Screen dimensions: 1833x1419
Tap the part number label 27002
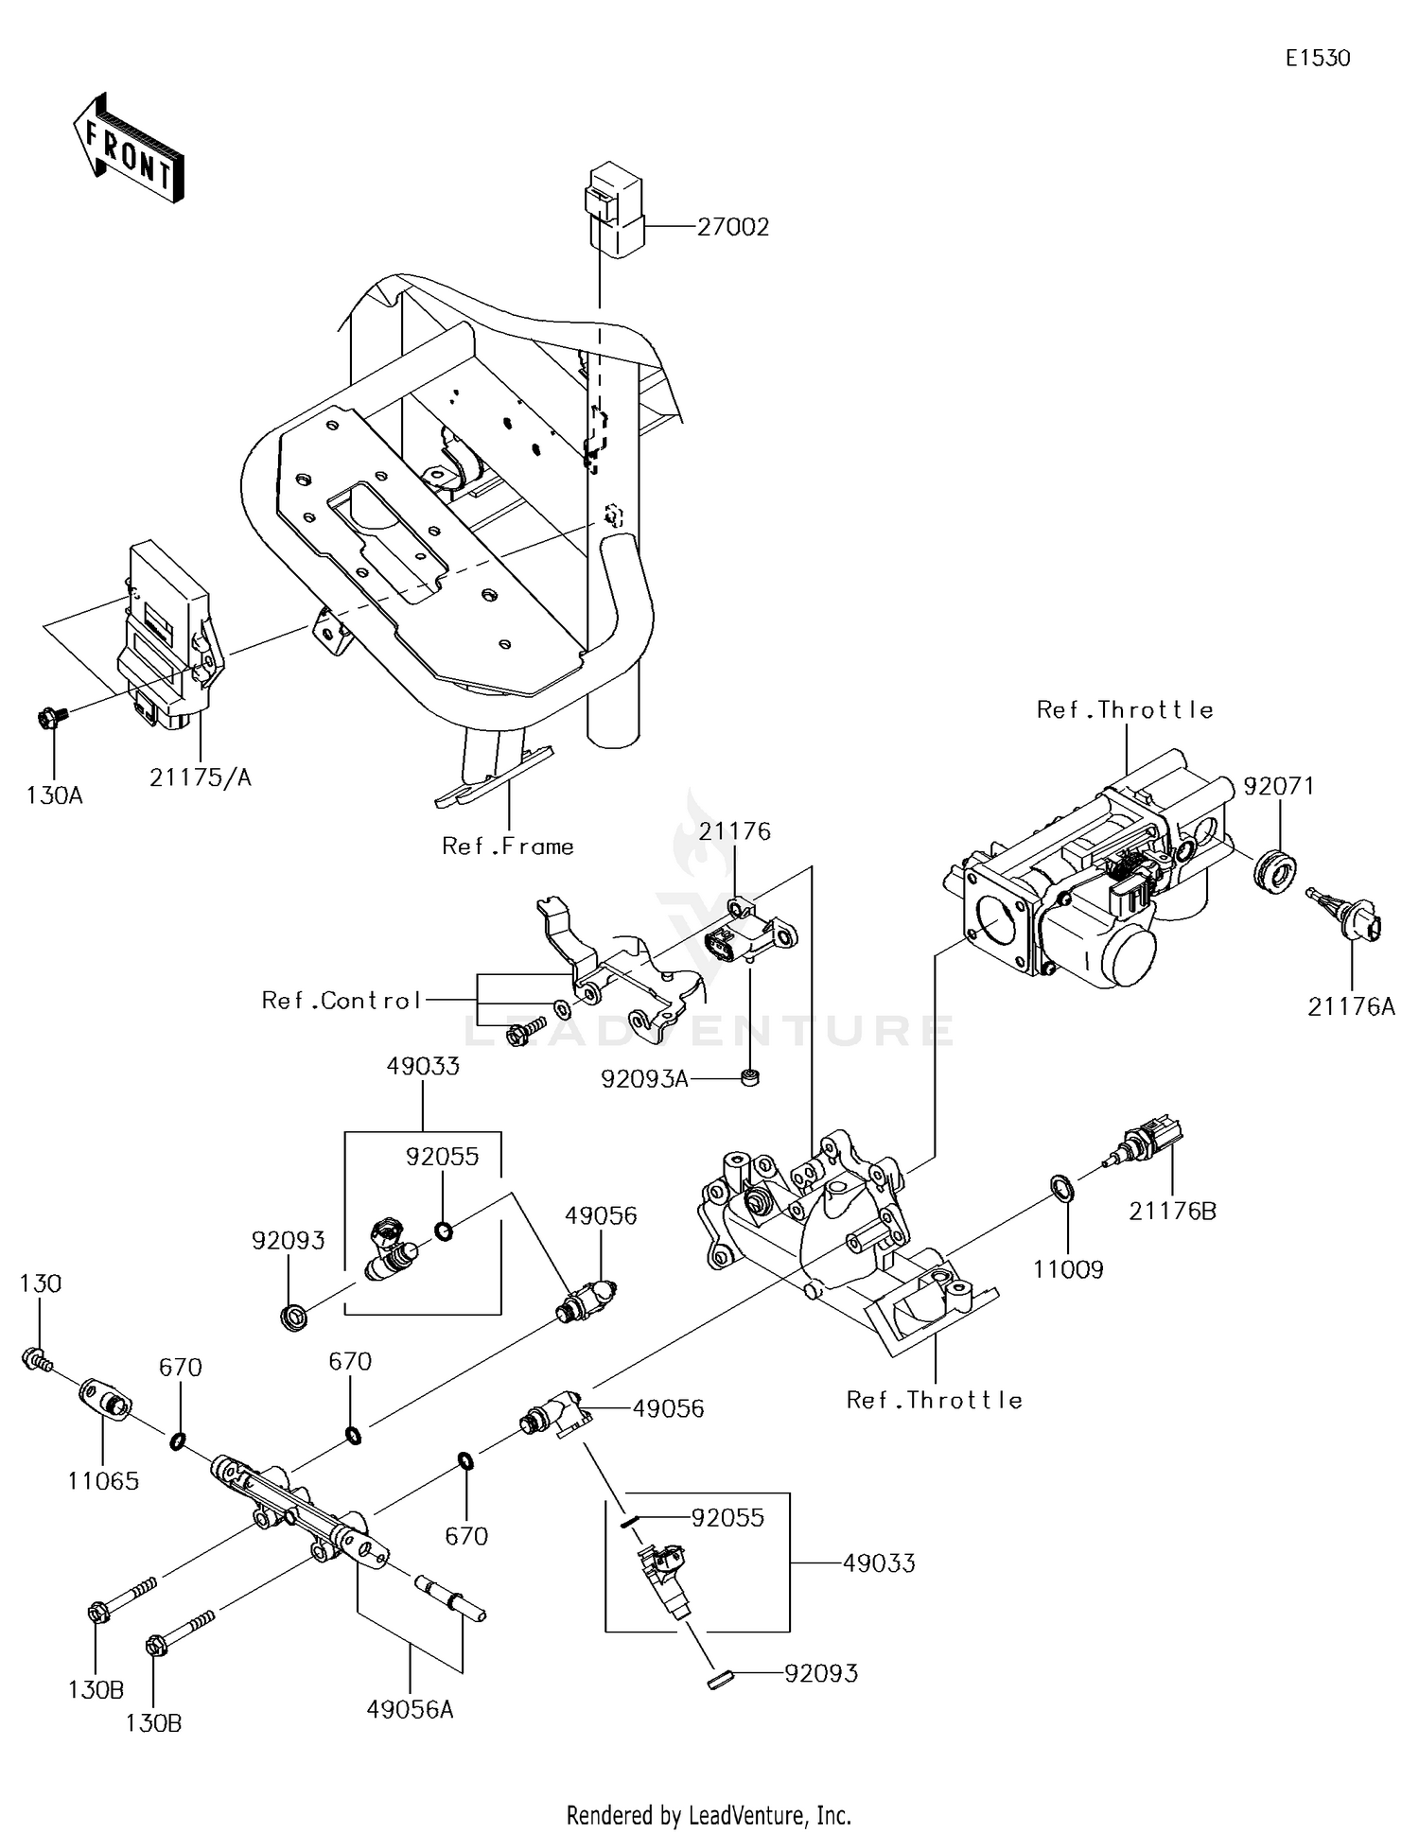point(732,228)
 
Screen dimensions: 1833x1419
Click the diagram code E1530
point(1317,59)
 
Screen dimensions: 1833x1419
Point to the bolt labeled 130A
point(50,720)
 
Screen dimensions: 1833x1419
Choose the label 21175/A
point(201,777)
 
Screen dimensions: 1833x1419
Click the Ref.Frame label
point(508,847)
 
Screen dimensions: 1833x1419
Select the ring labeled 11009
point(1062,1188)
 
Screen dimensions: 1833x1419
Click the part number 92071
point(1278,787)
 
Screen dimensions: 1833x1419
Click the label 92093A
point(644,1078)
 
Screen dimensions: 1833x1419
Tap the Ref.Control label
point(342,1001)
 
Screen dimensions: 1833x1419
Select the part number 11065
point(103,1481)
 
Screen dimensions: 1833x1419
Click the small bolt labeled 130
point(33,1360)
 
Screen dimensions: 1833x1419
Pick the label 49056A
point(410,1710)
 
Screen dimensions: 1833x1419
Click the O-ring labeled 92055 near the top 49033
point(443,1231)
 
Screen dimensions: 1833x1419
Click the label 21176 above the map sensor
point(735,831)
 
